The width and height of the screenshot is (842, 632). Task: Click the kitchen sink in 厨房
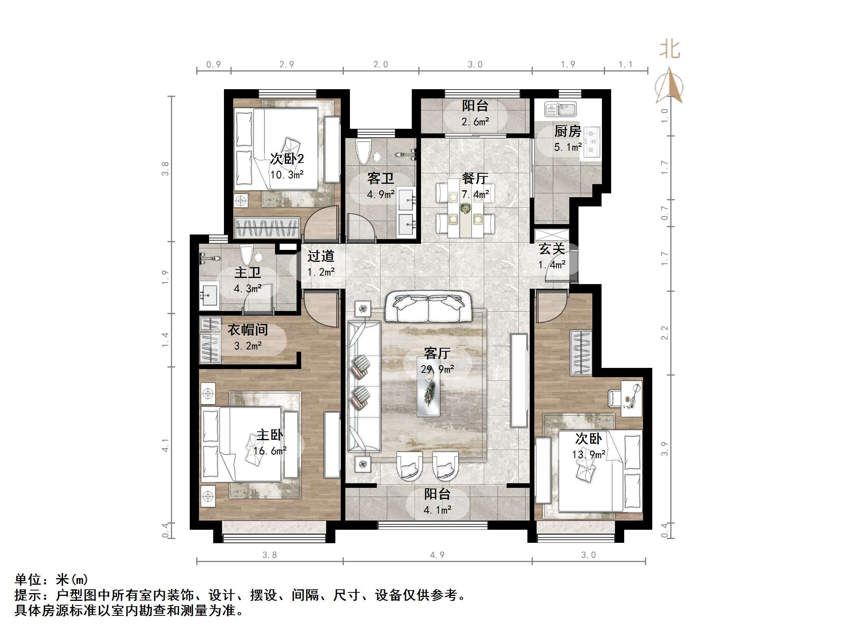(x=560, y=109)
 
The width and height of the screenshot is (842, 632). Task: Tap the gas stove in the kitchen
(x=592, y=143)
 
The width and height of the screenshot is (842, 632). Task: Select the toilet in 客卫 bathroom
(x=363, y=152)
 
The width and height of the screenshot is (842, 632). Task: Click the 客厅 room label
(x=437, y=353)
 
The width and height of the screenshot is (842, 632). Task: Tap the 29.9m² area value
(x=437, y=369)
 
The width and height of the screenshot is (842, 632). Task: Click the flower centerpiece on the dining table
(x=465, y=208)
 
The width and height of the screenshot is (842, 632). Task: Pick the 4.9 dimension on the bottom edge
(x=437, y=555)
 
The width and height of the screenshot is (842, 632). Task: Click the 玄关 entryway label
(x=552, y=249)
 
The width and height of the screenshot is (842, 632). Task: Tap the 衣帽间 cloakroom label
(x=247, y=330)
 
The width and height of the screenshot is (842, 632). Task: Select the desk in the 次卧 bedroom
(x=631, y=398)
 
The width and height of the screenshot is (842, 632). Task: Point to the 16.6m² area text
(x=270, y=451)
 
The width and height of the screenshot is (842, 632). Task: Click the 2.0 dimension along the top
(x=381, y=65)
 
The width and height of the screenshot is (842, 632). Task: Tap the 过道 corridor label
(x=321, y=256)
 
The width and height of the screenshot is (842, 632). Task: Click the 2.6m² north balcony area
(x=475, y=122)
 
